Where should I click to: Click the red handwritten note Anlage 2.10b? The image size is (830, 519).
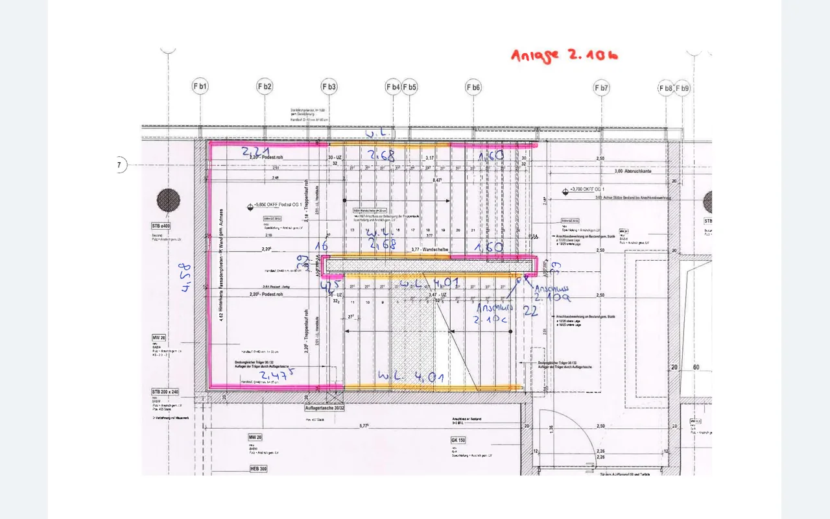[x=563, y=55]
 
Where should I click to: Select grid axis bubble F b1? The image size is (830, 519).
[x=200, y=86]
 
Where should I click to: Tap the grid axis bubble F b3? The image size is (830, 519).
[x=329, y=86]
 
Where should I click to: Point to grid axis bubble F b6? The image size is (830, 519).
[x=473, y=87]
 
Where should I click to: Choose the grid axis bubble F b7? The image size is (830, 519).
[x=601, y=87]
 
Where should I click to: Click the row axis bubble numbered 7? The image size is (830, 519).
[x=120, y=165]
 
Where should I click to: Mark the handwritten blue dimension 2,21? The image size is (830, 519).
[x=255, y=152]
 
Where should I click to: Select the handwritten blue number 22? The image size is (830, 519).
[x=530, y=311]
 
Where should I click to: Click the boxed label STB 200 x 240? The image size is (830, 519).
[x=165, y=392]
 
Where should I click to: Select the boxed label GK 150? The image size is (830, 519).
[x=460, y=440]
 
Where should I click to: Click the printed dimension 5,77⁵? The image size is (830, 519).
[x=364, y=426]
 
